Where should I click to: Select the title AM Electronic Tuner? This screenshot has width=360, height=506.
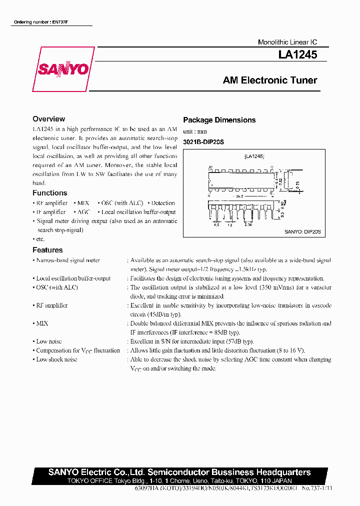(269, 80)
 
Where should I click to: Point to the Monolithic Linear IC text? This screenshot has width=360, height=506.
(287, 42)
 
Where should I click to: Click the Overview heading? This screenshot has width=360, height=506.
(48, 119)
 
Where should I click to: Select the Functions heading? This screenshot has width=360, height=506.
(49, 193)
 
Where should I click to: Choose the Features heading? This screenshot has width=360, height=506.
(47, 250)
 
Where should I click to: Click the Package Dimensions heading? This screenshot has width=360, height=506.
(219, 120)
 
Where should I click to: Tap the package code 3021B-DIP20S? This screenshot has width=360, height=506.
(203, 142)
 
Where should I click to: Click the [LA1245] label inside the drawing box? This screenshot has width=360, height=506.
(254, 156)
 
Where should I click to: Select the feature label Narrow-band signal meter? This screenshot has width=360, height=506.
(67, 260)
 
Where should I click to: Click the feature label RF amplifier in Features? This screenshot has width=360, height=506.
(51, 305)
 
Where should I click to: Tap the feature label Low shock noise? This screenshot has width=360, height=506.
(56, 359)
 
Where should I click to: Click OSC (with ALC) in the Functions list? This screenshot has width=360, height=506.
(121, 203)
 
